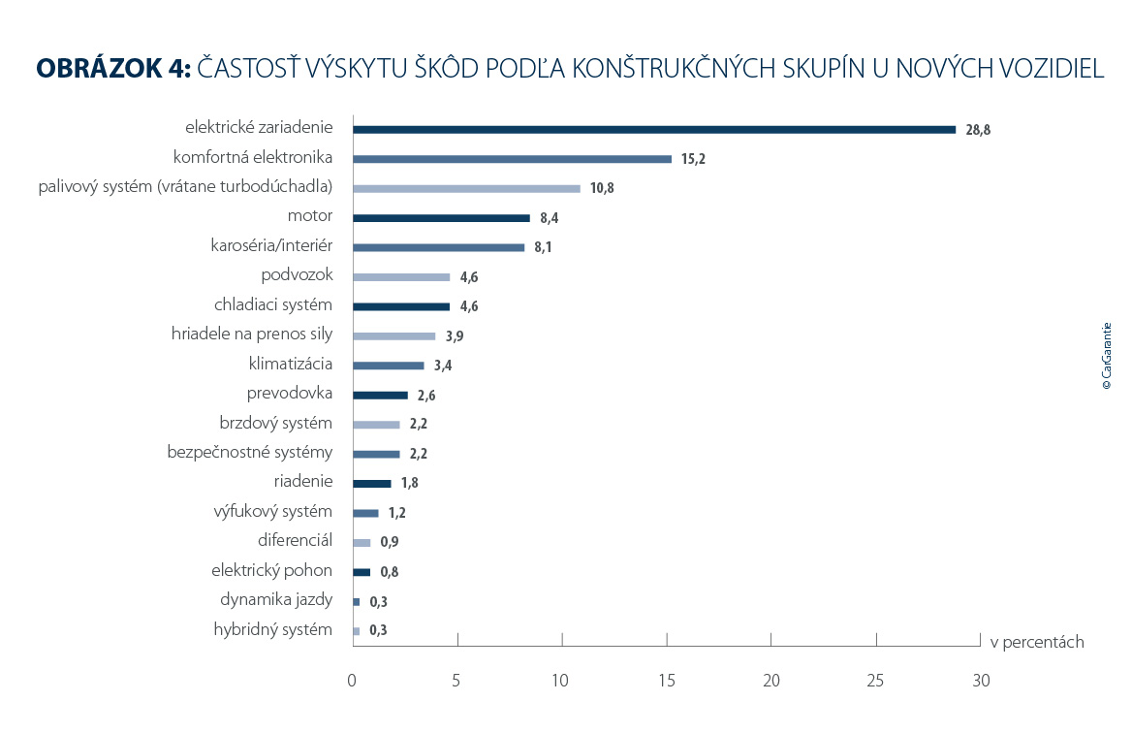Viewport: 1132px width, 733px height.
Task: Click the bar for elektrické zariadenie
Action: point(654,129)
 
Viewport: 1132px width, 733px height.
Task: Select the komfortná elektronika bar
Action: point(512,159)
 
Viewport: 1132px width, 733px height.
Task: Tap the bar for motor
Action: point(441,218)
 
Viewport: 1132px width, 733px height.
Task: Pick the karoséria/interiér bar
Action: point(438,247)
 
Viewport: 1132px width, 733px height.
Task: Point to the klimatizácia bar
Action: point(388,366)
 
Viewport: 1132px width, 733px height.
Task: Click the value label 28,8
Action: point(978,130)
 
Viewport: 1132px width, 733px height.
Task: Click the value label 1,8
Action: point(410,483)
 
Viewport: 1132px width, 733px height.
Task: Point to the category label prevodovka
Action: point(290,394)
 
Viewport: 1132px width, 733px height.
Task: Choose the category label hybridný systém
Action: point(272,629)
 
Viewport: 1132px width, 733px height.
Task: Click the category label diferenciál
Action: point(295,541)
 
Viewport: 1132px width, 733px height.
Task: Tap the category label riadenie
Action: point(303,481)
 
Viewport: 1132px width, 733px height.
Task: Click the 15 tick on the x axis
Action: point(666,681)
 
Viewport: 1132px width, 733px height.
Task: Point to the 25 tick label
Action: point(876,681)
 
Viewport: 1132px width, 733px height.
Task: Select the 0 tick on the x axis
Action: point(352,681)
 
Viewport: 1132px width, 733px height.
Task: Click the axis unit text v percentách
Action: point(1036,642)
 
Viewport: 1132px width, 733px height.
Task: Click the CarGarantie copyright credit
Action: point(1107,356)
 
